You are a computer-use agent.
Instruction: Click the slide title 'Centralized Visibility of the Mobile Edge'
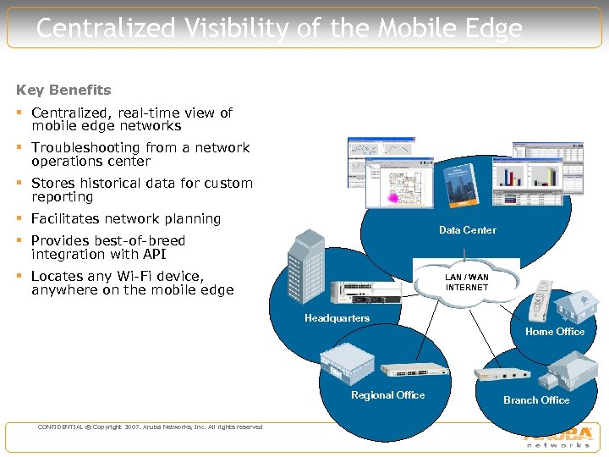coord(279,29)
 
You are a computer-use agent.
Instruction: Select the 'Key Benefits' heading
coord(63,90)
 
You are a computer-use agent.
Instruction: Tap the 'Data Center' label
coord(467,230)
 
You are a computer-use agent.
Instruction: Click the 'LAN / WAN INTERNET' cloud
coord(467,282)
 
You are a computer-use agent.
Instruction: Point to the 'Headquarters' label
coord(337,318)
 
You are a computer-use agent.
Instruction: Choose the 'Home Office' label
coord(554,332)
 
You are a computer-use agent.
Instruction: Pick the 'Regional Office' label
coord(387,395)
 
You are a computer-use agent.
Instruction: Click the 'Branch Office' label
coord(536,400)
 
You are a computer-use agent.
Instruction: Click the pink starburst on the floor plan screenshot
coord(392,196)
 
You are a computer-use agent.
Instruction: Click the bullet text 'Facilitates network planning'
coord(126,218)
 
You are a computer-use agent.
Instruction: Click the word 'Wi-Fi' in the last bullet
coord(121,276)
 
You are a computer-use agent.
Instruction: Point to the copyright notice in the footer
coord(150,427)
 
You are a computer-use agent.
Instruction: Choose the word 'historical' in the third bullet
coord(116,183)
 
